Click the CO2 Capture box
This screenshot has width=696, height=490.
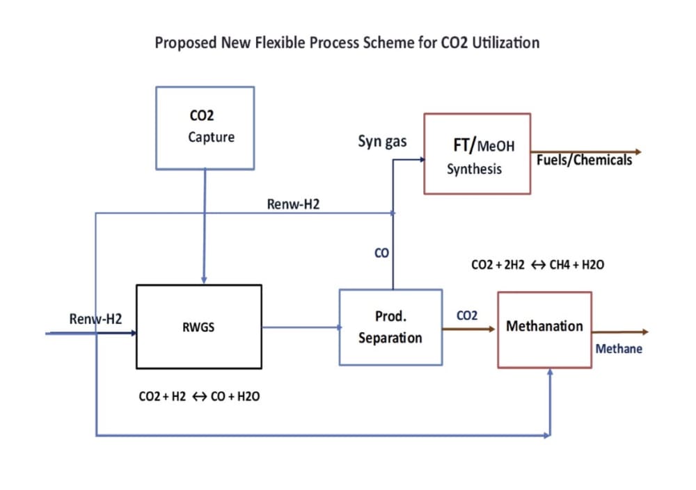205,128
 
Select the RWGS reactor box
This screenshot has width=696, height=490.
199,327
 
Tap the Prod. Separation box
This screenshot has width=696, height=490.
390,327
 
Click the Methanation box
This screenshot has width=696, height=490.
545,330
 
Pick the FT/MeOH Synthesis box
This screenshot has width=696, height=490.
477,154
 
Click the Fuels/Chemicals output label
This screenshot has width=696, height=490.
584,160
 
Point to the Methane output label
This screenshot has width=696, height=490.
619,349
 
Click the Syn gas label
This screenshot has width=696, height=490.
382,142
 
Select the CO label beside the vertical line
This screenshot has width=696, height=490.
381,253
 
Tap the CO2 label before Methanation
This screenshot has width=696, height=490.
467,316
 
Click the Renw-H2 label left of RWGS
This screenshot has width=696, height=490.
95,319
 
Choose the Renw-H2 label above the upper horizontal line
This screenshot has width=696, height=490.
293,204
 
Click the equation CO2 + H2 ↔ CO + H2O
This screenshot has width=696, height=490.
199,396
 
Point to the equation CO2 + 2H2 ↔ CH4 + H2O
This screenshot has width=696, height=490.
537,265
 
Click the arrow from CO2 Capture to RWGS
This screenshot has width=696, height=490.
204,226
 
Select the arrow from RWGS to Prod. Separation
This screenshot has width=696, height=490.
302,327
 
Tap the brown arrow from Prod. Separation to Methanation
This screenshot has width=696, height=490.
468,329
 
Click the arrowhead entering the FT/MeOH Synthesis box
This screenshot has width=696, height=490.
422,160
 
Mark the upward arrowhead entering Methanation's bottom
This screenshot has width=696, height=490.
550,373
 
